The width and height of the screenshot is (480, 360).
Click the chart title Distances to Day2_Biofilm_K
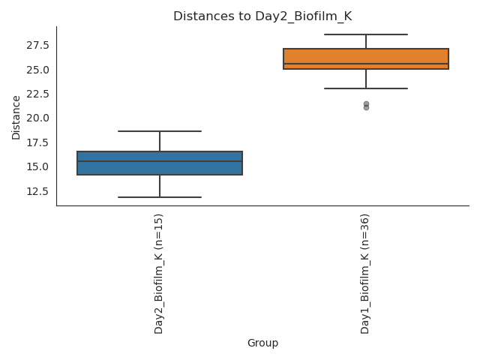(x=262, y=16)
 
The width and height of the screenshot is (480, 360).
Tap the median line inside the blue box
(x=160, y=161)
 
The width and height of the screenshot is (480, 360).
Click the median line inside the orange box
(x=366, y=64)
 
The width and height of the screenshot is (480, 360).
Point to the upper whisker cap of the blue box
(x=160, y=131)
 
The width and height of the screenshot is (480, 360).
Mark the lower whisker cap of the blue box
(x=160, y=197)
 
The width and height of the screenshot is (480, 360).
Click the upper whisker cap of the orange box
(x=366, y=34)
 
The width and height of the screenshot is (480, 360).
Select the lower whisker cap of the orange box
(x=366, y=88)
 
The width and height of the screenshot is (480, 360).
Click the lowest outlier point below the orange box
(x=366, y=107)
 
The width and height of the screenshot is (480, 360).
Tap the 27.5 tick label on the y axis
(x=37, y=45)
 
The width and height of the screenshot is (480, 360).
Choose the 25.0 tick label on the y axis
(x=37, y=70)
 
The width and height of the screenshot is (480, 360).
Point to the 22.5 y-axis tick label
(x=37, y=94)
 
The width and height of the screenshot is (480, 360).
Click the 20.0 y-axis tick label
(x=37, y=118)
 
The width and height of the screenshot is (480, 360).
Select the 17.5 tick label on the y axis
(x=37, y=142)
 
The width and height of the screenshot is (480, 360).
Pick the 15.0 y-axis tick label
(x=37, y=166)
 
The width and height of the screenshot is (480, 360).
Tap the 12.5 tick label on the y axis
(x=37, y=191)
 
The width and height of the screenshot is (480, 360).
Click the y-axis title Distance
(x=16, y=117)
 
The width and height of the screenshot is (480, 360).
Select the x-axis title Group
(x=262, y=343)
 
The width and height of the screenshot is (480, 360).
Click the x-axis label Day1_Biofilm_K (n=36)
(x=365, y=273)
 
